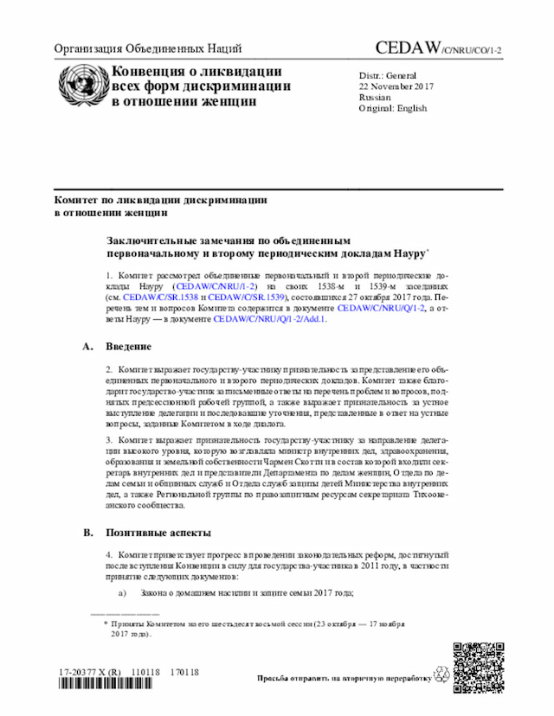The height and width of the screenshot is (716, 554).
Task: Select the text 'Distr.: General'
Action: pos(388,75)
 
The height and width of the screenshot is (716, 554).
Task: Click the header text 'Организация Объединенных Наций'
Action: pos(141,49)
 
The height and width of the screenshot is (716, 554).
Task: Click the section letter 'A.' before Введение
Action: pos(87,347)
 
